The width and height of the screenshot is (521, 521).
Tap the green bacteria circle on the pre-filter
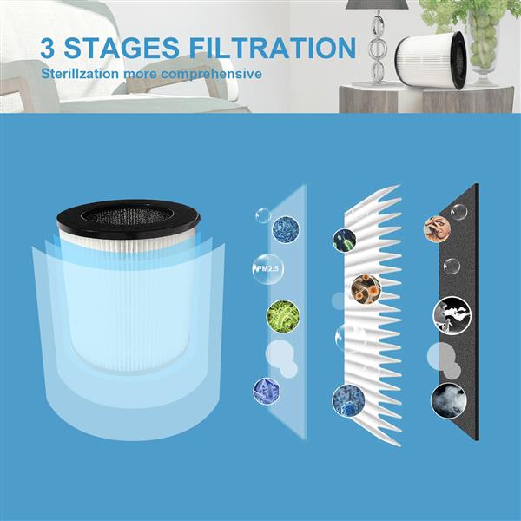(283, 315)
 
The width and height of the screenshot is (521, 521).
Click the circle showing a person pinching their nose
(437, 228)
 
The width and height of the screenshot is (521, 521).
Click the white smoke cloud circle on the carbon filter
(449, 399)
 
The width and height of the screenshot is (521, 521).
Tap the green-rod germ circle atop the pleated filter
(345, 240)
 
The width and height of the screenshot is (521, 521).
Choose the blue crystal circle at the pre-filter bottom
(266, 390)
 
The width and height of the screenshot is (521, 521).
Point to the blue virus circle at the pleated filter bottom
(348, 400)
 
